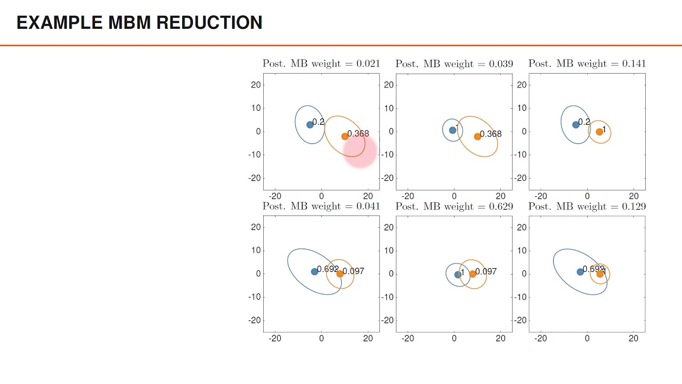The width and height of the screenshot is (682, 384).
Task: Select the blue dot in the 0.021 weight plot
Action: [x=310, y=125]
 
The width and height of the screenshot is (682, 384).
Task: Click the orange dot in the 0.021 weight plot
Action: [x=345, y=137]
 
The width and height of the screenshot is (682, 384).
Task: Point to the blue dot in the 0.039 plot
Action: [x=452, y=130]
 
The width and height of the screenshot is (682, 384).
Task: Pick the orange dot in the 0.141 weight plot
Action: [x=599, y=132]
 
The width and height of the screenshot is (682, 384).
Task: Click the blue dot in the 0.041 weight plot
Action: [x=314, y=271]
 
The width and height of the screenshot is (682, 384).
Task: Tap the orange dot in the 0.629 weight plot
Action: [x=473, y=274]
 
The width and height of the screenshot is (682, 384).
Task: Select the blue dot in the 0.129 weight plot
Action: [x=580, y=272]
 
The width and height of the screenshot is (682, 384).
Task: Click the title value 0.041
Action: [x=368, y=206]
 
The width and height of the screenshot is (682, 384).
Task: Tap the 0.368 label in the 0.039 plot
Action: [x=491, y=134]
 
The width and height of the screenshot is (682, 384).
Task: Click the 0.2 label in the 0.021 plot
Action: [x=319, y=122]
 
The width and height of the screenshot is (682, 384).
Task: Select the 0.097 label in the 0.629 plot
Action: [x=486, y=271]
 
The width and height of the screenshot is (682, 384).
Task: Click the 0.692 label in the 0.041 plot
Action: [x=328, y=269]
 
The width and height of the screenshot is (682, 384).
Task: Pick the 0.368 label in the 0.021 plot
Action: [x=358, y=133]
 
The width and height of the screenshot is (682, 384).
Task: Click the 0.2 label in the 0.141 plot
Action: [x=584, y=122]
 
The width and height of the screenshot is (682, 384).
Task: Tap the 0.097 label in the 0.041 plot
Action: [x=354, y=271]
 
